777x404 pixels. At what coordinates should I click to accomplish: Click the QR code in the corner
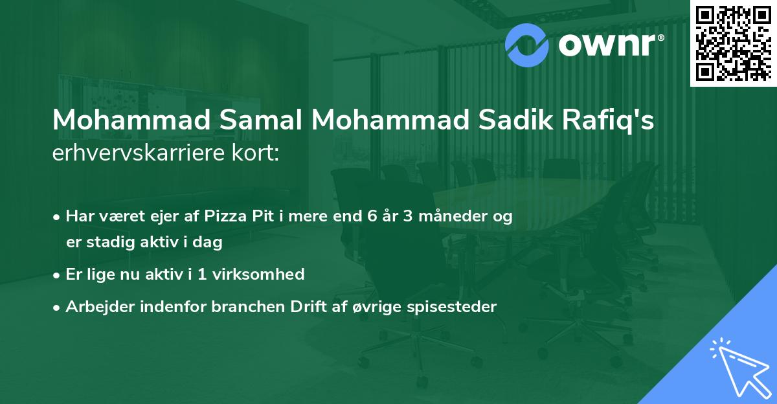tap(732, 43)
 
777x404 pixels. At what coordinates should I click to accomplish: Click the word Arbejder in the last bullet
tap(96, 307)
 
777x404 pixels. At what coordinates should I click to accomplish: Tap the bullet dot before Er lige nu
tap(58, 275)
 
